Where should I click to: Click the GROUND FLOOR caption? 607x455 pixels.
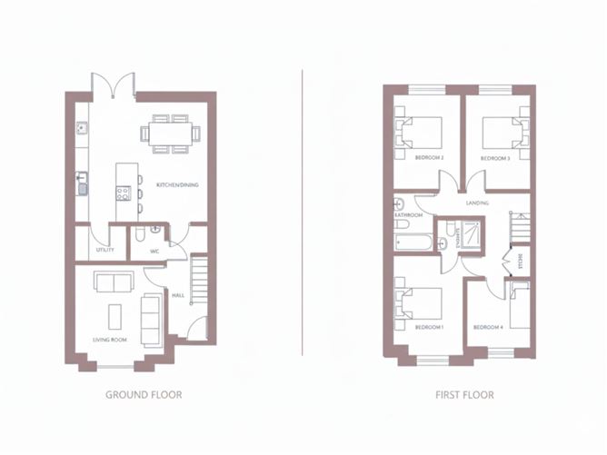click(144, 395)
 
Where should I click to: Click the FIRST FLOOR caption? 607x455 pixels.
click(463, 395)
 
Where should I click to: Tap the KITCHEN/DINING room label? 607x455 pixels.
click(177, 185)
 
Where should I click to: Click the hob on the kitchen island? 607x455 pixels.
click(123, 193)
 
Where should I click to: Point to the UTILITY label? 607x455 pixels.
click(105, 249)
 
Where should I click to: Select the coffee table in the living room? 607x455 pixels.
click(115, 317)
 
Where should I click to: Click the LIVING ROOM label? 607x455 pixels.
click(109, 340)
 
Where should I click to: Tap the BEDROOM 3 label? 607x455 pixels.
click(494, 158)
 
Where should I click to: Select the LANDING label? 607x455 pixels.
click(477, 203)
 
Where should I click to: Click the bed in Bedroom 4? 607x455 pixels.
click(519, 309)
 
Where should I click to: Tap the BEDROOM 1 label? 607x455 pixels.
click(429, 326)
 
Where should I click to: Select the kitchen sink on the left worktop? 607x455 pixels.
click(82, 188)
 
